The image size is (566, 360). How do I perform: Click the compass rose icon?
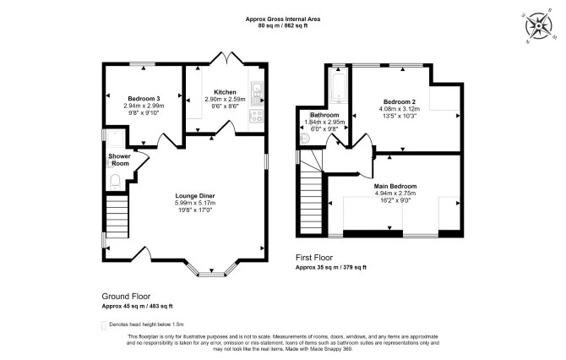539,26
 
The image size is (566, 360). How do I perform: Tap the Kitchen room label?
225,92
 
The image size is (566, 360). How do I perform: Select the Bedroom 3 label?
144,99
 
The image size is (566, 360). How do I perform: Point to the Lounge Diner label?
195,196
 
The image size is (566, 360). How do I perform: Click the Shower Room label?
119,160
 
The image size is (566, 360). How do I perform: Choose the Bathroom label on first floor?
324,115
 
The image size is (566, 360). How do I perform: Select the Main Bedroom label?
395,186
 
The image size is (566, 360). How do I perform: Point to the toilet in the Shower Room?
115,182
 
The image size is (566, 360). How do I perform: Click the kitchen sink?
257,93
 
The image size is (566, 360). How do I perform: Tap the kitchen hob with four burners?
257,116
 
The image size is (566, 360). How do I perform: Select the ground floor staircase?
117,216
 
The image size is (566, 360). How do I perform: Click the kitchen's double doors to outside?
226,59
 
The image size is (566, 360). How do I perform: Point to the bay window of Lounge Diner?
212,270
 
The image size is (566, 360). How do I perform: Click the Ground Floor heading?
126,297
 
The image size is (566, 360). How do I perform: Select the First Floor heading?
314,258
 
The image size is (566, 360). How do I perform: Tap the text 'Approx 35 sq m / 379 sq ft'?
331,268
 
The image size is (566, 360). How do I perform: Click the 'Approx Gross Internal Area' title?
283,19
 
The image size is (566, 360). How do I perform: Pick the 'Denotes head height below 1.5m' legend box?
104,325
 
